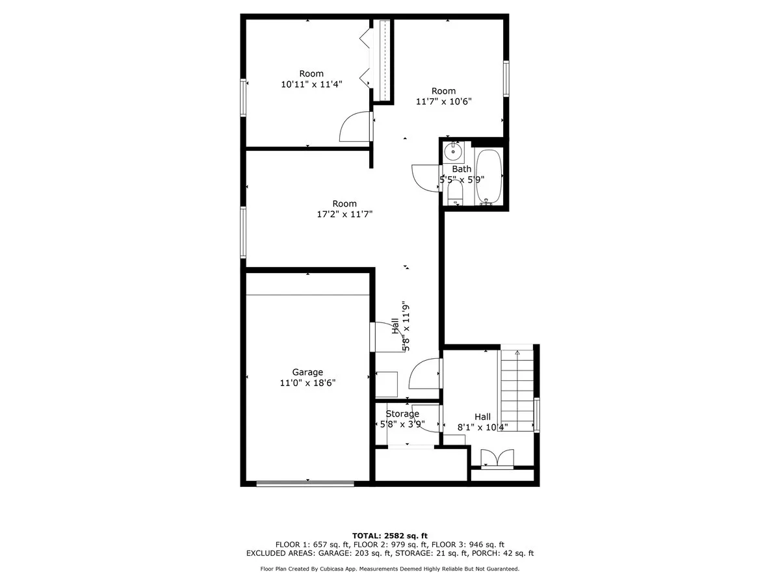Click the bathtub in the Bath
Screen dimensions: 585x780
[x=489, y=177]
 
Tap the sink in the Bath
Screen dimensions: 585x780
[x=452, y=153]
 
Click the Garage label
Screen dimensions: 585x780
[x=307, y=372]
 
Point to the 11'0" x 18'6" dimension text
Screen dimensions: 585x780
[x=307, y=383]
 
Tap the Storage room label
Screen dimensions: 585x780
[x=402, y=414]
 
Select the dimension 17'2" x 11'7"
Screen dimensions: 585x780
[x=344, y=214]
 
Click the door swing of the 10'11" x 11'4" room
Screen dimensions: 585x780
[x=355, y=127]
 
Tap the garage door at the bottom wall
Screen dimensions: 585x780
[x=305, y=483]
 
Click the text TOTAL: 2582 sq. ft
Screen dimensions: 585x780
[x=389, y=535]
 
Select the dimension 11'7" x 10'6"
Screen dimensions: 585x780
[x=443, y=101]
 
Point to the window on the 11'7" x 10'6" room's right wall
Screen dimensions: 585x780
[x=506, y=79]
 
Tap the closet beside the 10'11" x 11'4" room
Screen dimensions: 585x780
[x=383, y=60]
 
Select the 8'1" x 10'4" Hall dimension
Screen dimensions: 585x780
[x=482, y=427]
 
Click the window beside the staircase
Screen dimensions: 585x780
[x=537, y=414]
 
